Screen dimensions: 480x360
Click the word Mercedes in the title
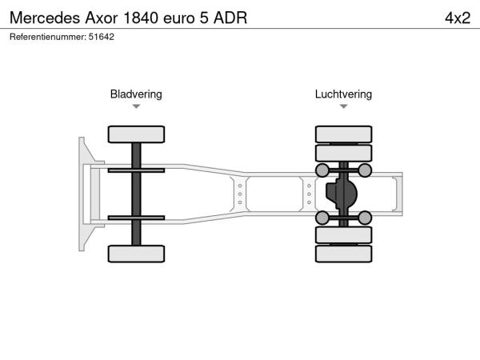coord(45,18)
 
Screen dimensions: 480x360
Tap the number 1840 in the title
coord(141,18)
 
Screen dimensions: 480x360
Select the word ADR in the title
coord(230,18)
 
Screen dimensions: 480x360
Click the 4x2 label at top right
coord(458,18)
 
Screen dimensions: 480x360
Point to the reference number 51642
coord(102,37)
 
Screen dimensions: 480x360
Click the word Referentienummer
coord(48,37)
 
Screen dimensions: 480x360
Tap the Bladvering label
coord(136,94)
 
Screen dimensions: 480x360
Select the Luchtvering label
coord(343,94)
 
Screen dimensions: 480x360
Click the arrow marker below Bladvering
coord(136,106)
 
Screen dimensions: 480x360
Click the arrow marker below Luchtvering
coord(343,106)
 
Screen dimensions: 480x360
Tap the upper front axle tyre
coord(136,134)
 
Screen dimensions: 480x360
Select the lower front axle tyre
coord(136,254)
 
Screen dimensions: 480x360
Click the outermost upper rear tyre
coord(343,134)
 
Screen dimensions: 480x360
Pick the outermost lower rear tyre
coord(343,254)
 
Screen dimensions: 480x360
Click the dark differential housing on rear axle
coord(342,194)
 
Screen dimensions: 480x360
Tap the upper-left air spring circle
coord(322,170)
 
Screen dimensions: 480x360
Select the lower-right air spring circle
coord(365,218)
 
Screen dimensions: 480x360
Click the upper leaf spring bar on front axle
coord(136,170)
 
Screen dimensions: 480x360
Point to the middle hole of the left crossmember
coord(240,194)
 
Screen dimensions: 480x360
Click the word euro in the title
coord(179,18)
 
